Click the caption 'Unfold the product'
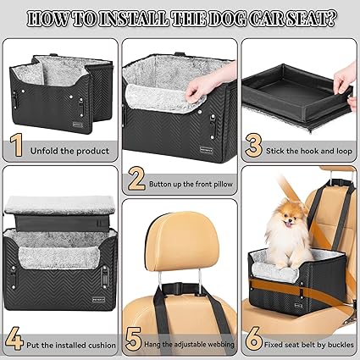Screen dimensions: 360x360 [x=71, y=151]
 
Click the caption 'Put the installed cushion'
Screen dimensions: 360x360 [x=71, y=344]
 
